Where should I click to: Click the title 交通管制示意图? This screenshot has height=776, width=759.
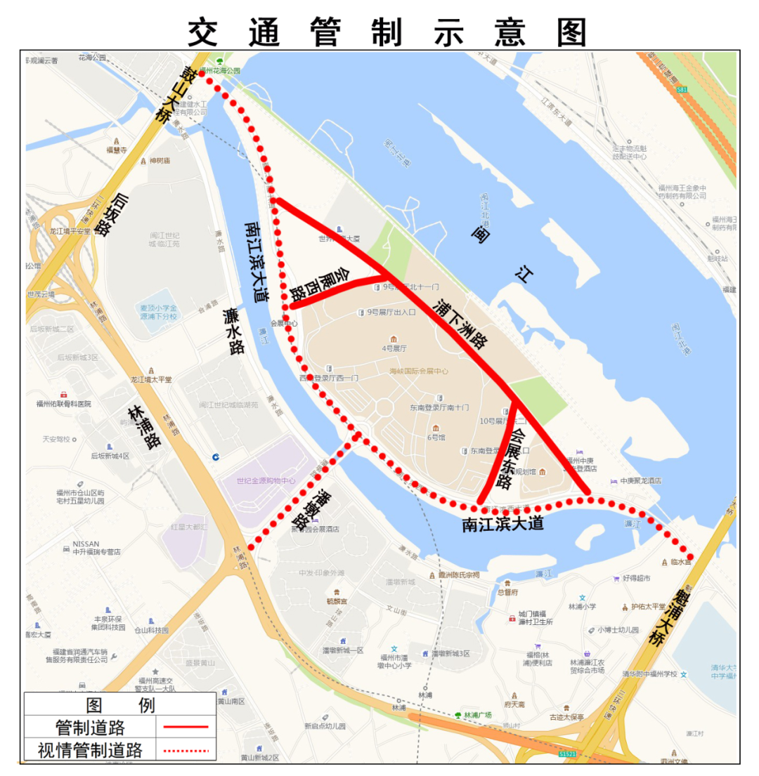point(387,32)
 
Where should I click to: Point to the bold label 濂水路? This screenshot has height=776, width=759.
point(233,330)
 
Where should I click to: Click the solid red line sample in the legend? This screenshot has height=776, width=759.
point(186,726)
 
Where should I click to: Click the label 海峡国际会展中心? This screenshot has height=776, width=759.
point(419,371)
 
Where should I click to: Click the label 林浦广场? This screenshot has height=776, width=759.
point(478,715)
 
